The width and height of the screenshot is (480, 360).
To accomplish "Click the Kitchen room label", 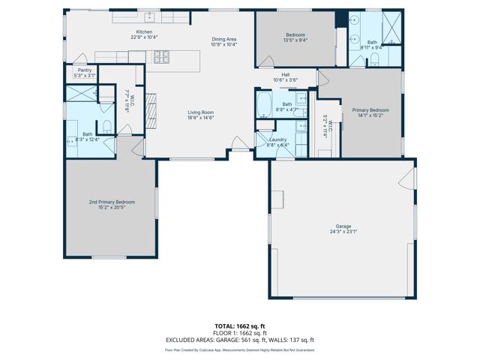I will pyautogui.click(x=143, y=34).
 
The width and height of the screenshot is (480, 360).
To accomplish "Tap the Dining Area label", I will pyautogui.click(x=223, y=41).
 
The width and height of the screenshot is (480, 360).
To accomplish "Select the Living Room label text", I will pyautogui.click(x=200, y=115).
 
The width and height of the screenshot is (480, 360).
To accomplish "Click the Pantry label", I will pyautogui.click(x=84, y=73).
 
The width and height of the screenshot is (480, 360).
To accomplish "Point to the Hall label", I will pyautogui.click(x=285, y=76).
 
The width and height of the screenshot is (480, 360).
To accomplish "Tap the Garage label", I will pyautogui.click(x=343, y=229).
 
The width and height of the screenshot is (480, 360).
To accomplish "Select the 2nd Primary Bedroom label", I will pyautogui.click(x=111, y=205).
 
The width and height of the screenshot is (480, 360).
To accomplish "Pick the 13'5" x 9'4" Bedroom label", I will pyautogui.click(x=295, y=37).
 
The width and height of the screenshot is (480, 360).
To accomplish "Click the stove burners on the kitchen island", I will pyautogui.click(x=162, y=56).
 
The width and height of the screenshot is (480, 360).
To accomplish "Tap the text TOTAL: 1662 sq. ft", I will pyautogui.click(x=239, y=326).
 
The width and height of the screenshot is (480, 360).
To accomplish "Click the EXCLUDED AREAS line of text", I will pyautogui.click(x=239, y=340).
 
